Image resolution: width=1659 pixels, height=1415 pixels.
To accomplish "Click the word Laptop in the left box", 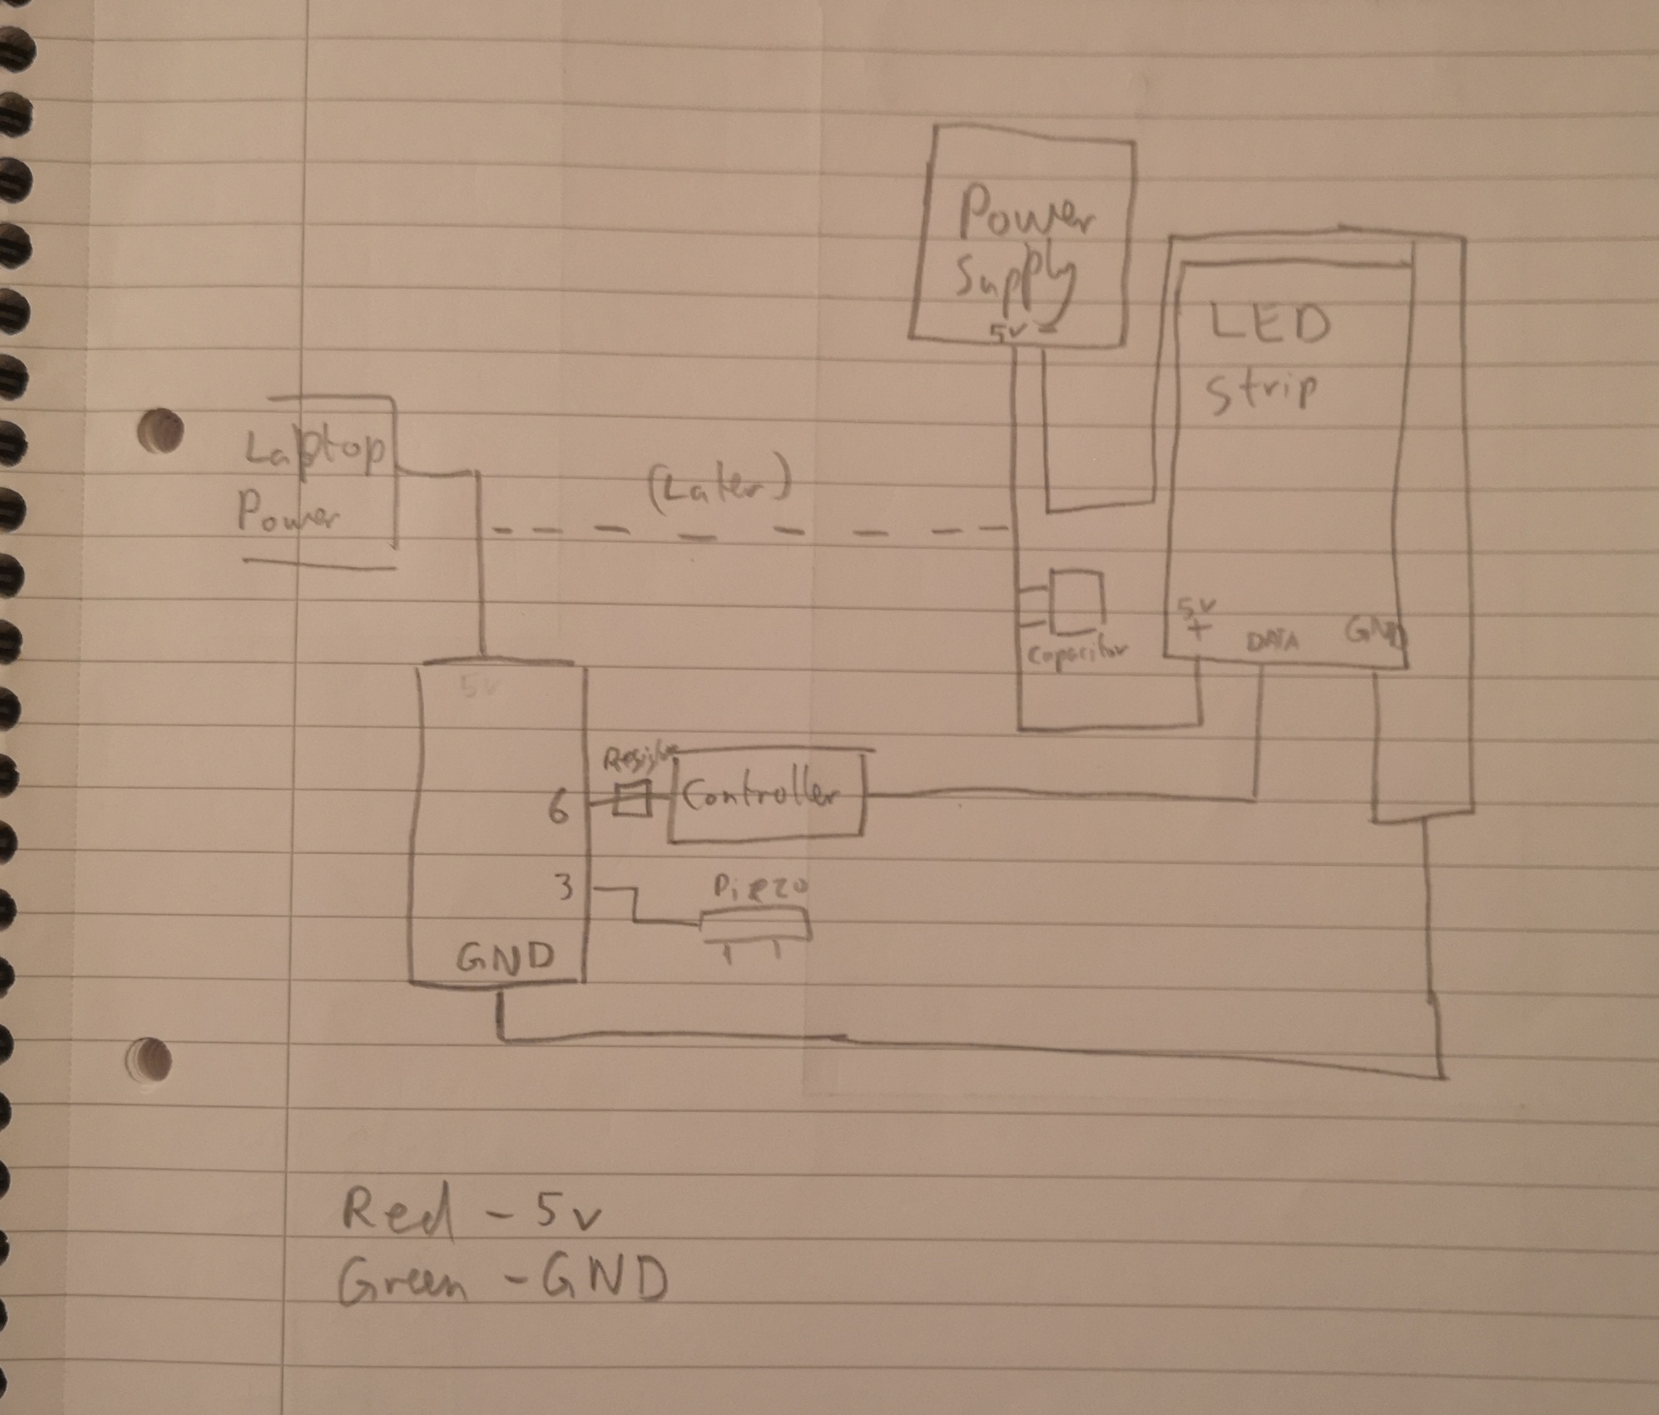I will (314, 451).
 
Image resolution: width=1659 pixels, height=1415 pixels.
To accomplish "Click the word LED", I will (1269, 324).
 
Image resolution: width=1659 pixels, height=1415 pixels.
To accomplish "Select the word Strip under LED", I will (1261, 392).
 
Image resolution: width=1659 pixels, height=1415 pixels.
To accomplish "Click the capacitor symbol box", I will (1077, 598).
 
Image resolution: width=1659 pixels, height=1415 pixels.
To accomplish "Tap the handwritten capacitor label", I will (1075, 654).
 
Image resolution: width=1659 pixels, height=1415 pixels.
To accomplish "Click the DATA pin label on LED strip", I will (1272, 641).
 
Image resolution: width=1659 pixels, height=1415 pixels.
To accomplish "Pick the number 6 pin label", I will (558, 810).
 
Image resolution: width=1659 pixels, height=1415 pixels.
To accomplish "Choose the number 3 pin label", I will (564, 888).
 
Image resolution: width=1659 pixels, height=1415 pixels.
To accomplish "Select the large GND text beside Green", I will (605, 1279).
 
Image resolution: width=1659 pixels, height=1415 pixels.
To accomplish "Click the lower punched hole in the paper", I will (150, 1059).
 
